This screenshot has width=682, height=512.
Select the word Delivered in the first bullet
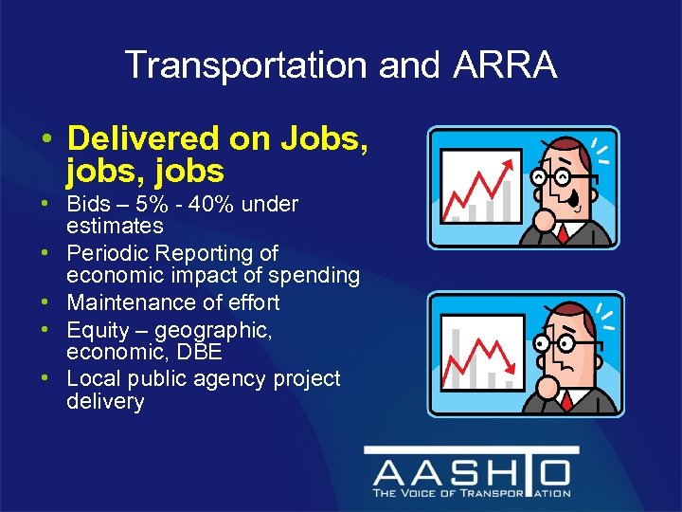(x=143, y=139)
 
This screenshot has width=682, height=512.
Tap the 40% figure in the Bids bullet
(x=207, y=204)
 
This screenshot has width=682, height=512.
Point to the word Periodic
(x=107, y=253)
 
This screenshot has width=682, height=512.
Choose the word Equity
(x=97, y=329)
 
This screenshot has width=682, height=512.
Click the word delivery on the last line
(x=105, y=401)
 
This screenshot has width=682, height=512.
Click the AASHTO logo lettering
(x=471, y=472)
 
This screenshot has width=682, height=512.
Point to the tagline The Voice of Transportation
(x=471, y=493)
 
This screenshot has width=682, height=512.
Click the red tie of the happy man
(x=563, y=233)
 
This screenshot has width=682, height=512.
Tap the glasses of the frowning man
(x=554, y=340)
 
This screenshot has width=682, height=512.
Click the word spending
(x=316, y=276)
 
